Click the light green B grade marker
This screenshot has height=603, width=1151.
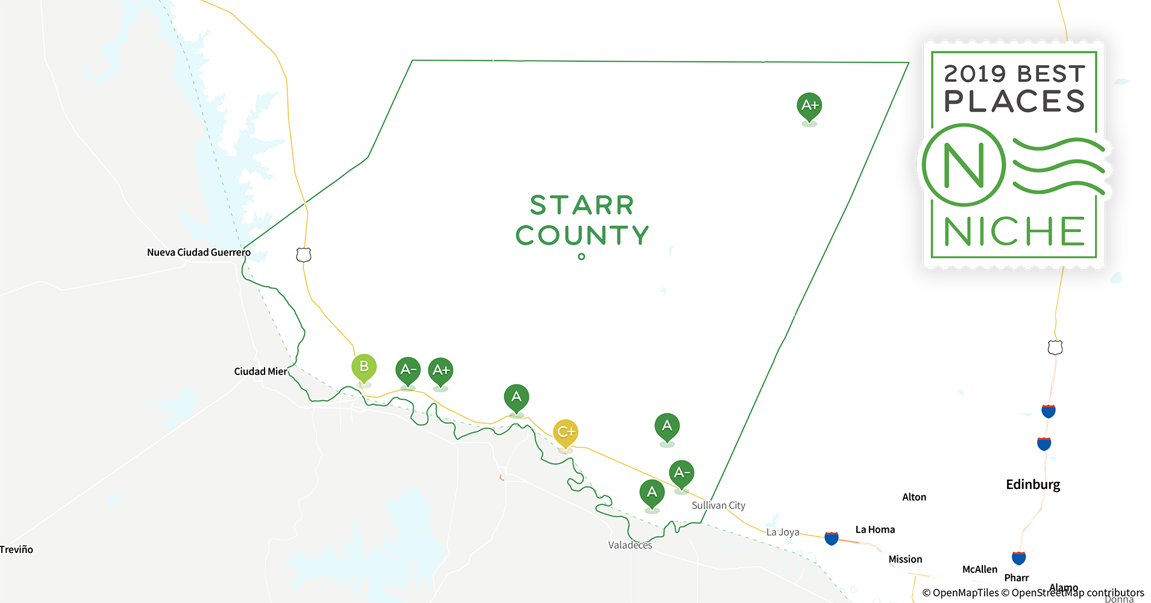(x=364, y=367)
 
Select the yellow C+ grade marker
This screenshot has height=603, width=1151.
(x=565, y=432)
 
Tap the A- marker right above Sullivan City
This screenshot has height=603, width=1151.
(x=682, y=473)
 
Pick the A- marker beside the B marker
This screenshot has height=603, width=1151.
(x=408, y=370)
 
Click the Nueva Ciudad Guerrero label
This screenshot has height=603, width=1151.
(x=198, y=252)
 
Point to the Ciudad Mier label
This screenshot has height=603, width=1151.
(x=260, y=371)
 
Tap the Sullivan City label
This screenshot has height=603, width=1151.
(x=718, y=505)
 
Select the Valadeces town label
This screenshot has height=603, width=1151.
(x=630, y=545)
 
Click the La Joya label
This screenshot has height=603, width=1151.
(x=783, y=532)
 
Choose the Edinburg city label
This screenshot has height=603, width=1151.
(x=1033, y=484)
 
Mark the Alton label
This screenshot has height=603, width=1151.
(x=914, y=497)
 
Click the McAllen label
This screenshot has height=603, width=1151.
(x=979, y=569)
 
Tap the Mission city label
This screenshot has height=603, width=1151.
(x=905, y=559)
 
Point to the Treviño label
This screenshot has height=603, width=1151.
(x=16, y=549)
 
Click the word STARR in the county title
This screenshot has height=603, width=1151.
(x=582, y=205)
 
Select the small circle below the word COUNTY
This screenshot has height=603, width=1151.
(x=582, y=256)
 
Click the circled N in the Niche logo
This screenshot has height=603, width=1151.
(x=964, y=165)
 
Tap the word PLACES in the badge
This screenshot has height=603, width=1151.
(x=1014, y=101)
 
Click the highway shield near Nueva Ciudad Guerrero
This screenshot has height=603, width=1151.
(x=304, y=255)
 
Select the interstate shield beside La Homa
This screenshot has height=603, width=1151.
(x=832, y=538)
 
